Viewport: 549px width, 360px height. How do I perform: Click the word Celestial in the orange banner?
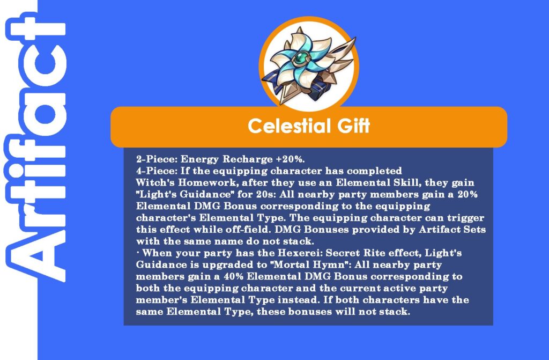[x=289, y=126]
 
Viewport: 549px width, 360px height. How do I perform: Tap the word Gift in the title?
[x=353, y=126]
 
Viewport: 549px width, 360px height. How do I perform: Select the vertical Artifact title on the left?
[x=35, y=147]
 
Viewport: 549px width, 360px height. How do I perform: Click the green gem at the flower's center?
[x=300, y=58]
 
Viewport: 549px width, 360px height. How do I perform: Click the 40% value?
[x=234, y=276]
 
